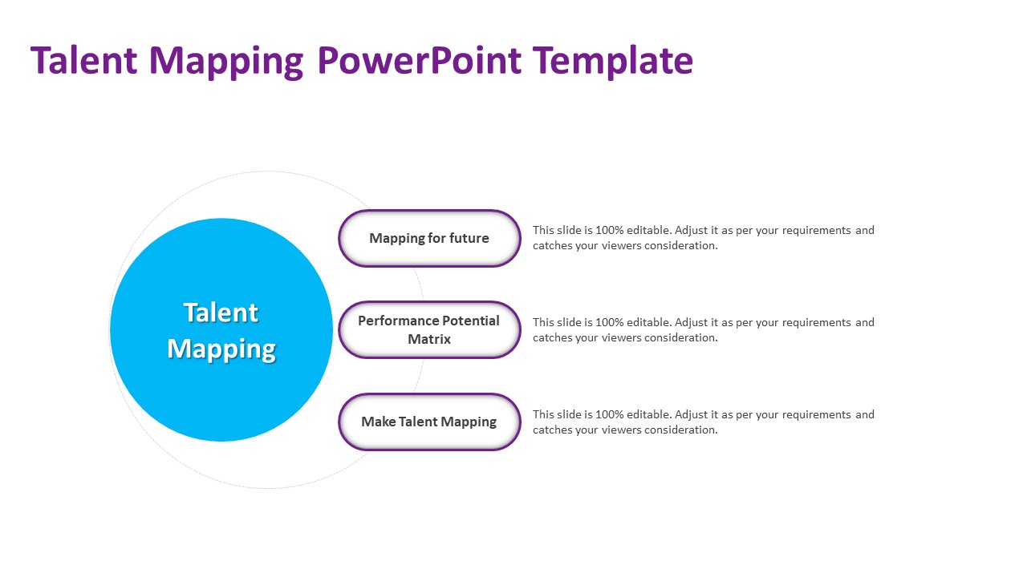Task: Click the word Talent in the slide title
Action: click(84, 60)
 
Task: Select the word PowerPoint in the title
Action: click(419, 60)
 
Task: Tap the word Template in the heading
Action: click(612, 62)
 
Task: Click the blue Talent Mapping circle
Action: click(221, 329)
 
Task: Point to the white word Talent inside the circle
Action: click(221, 313)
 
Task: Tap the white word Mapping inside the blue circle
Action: click(221, 350)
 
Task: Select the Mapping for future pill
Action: click(429, 238)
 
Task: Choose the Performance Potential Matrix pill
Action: click(429, 329)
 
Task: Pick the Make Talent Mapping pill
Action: click(429, 422)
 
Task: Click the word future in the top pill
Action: click(469, 238)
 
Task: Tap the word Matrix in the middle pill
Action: click(429, 339)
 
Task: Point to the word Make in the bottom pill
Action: click(378, 422)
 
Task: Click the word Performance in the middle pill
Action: click(392, 321)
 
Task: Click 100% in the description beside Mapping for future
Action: click(609, 230)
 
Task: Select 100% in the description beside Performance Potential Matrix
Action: click(609, 322)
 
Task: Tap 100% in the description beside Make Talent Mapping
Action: click(609, 414)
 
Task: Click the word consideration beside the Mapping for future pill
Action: click(681, 246)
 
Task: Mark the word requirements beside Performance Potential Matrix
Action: click(817, 323)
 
